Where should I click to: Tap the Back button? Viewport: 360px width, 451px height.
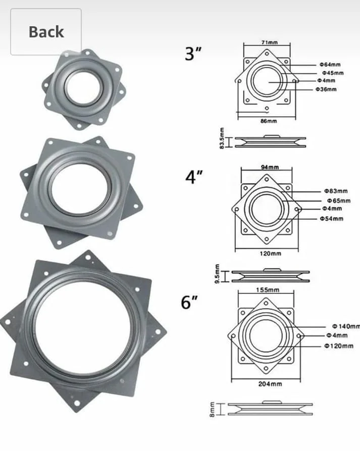(46, 32)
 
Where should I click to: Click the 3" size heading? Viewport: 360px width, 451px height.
(193, 53)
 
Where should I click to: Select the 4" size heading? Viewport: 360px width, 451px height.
(194, 177)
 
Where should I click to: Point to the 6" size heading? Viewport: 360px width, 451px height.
(189, 302)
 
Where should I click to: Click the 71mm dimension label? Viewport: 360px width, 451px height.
(270, 42)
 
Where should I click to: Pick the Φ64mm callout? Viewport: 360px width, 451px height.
(330, 65)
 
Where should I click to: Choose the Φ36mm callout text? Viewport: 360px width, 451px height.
(326, 89)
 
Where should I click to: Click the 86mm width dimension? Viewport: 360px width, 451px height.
(269, 121)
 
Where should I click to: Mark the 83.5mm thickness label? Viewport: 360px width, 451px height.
(222, 138)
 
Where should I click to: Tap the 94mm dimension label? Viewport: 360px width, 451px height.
(270, 167)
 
